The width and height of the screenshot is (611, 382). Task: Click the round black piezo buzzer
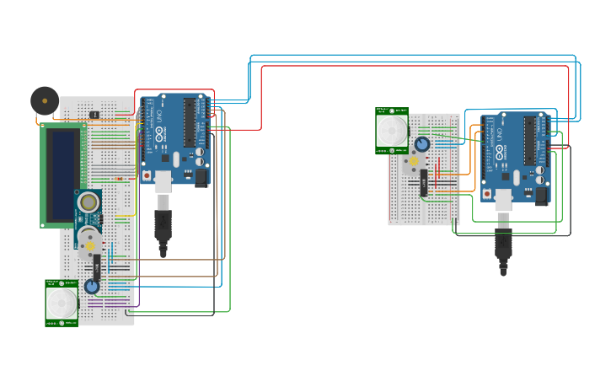click(x=45, y=100)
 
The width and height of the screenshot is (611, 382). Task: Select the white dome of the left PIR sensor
click(x=62, y=303)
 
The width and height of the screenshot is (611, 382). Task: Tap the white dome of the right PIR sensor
click(x=392, y=131)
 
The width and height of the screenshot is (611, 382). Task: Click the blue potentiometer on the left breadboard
click(x=92, y=287)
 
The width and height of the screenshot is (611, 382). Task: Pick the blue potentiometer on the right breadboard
click(x=421, y=144)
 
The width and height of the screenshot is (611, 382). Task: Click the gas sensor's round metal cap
click(x=88, y=202)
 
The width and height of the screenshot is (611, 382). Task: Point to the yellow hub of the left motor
click(x=89, y=246)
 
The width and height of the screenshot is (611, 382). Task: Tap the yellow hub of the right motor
click(x=413, y=161)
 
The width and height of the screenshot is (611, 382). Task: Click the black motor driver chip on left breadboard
click(x=97, y=267)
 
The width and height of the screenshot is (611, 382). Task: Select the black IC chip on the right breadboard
click(x=424, y=183)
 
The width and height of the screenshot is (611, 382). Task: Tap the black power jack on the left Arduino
click(x=201, y=177)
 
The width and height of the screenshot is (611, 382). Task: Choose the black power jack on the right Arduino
click(x=542, y=196)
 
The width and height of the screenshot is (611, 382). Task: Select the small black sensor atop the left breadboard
click(x=94, y=114)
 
